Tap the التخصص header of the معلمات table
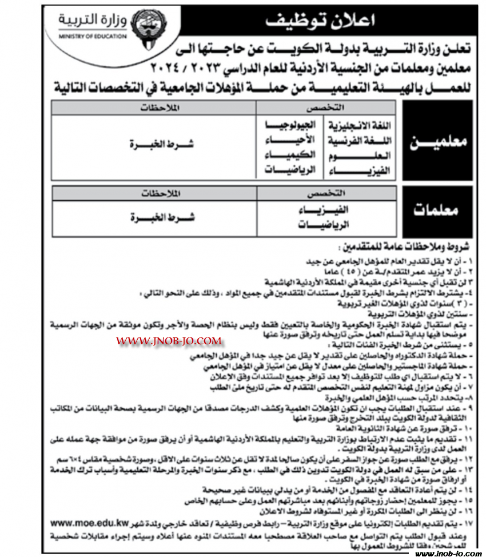pyautogui.click(x=326, y=193)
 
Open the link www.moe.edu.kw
pyautogui.click(x=87, y=523)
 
